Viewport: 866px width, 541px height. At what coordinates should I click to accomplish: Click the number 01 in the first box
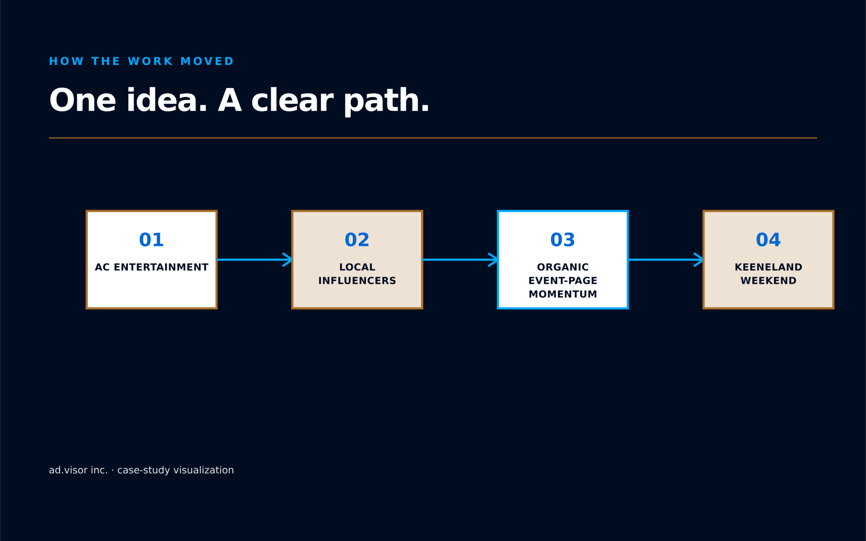(151, 240)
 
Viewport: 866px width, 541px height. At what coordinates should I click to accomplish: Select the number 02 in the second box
(357, 240)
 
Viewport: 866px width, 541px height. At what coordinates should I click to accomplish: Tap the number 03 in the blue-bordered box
(563, 240)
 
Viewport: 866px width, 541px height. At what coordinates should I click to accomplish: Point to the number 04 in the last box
(768, 240)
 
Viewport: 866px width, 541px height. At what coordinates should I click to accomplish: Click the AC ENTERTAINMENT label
(151, 267)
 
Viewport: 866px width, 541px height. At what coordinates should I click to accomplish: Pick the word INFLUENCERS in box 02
(357, 281)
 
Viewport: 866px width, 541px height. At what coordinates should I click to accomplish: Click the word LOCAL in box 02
(357, 267)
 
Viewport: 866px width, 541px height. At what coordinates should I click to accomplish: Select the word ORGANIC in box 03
(563, 267)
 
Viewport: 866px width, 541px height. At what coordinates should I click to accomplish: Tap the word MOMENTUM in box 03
(563, 294)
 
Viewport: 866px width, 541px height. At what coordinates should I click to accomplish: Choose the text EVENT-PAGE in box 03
(563, 281)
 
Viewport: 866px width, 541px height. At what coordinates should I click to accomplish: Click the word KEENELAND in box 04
(768, 267)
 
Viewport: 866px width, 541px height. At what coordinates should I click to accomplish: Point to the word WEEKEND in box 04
(768, 281)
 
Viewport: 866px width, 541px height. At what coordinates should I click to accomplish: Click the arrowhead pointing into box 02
(287, 260)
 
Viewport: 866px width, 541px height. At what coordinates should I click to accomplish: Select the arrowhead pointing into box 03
(493, 260)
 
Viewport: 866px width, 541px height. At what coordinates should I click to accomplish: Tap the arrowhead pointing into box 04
(699, 260)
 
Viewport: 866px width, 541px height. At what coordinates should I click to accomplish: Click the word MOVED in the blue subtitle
(207, 61)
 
